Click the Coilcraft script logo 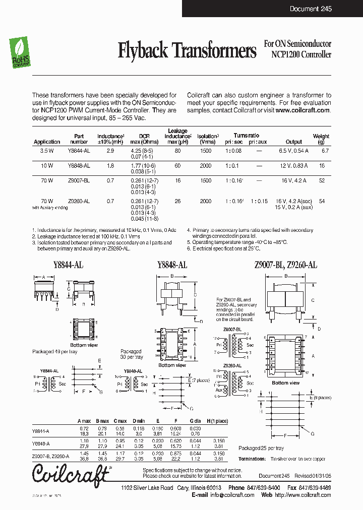pyautogui.click(x=71, y=473)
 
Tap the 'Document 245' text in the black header pyautogui.click(x=311, y=9)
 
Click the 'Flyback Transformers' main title pyautogui.click(x=187, y=50)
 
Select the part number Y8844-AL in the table pyautogui.click(x=79, y=151)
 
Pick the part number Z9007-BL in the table pyautogui.click(x=79, y=180)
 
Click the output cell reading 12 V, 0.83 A pyautogui.click(x=294, y=165)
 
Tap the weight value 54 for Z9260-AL pyautogui.click(x=322, y=201)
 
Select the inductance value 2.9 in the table pyautogui.click(x=110, y=151)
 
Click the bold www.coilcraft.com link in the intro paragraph pyautogui.click(x=302, y=110)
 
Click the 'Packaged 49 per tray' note pyautogui.click(x=53, y=351)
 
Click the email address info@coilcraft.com pyautogui.click(x=232, y=495)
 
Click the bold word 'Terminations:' pyautogui.click(x=252, y=459)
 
